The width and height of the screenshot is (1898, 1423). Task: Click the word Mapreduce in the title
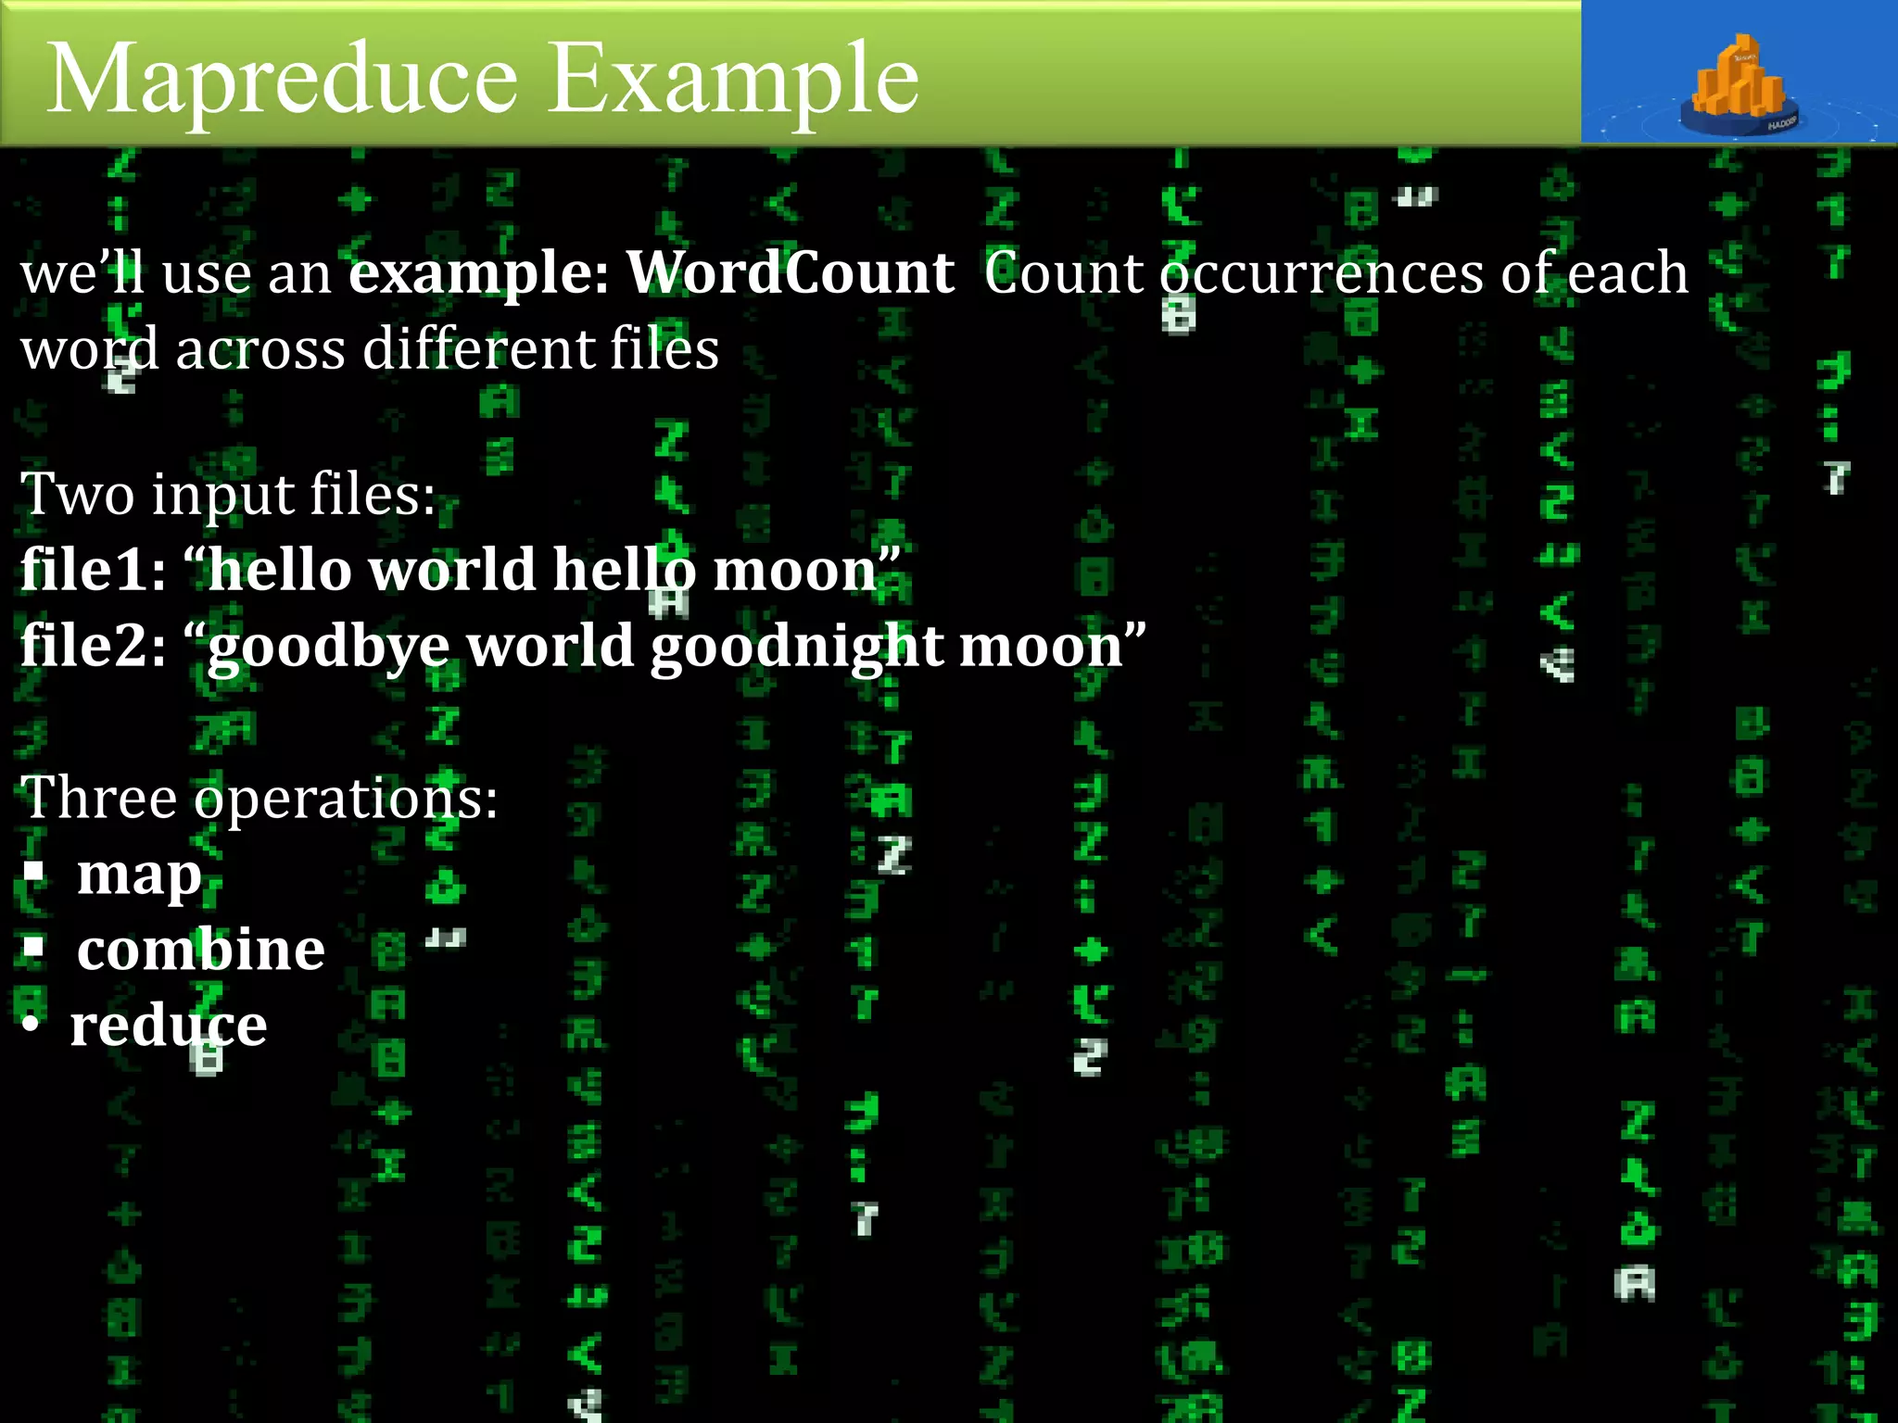click(282, 82)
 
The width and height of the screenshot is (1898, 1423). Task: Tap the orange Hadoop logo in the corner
click(1739, 85)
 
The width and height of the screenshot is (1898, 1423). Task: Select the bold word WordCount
click(791, 273)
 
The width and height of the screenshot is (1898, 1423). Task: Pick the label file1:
click(93, 569)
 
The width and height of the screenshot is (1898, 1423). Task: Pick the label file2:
click(93, 645)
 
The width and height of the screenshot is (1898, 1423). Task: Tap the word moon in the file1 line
click(795, 571)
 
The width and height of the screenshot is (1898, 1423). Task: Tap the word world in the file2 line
click(550, 645)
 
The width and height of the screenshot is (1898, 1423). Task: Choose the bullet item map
click(139, 875)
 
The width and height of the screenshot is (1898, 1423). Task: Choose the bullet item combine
click(200, 950)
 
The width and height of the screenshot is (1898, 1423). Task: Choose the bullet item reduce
click(169, 1026)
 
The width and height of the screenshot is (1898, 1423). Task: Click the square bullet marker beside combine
click(34, 947)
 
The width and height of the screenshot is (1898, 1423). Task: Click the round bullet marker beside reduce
click(32, 1025)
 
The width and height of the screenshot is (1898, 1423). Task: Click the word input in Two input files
click(223, 494)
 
